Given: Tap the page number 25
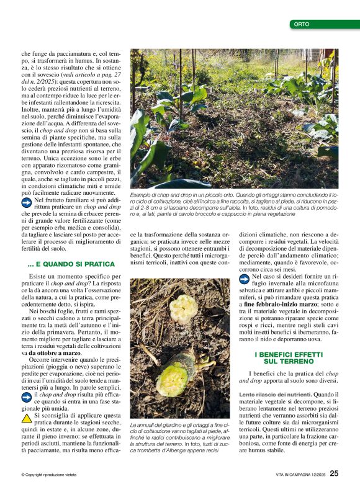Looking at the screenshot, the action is point(334,473).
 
